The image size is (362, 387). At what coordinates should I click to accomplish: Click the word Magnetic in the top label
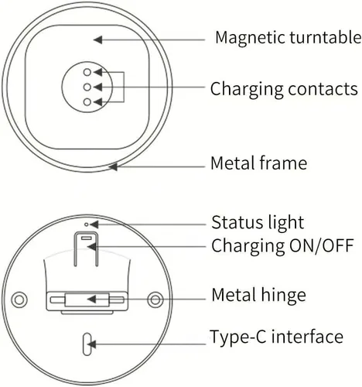[x=251, y=38]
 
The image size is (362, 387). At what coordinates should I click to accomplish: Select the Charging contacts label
[x=284, y=89]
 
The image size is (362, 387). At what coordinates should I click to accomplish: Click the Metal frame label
[x=258, y=163]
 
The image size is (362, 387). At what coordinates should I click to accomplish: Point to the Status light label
[x=258, y=222]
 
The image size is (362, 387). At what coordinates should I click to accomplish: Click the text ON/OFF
[x=321, y=245]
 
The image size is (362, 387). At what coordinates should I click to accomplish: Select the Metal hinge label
[x=258, y=295]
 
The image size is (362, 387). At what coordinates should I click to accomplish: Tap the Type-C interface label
[x=276, y=337]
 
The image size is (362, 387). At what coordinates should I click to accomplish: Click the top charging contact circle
[x=87, y=72]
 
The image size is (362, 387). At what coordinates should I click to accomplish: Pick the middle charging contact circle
[x=87, y=87]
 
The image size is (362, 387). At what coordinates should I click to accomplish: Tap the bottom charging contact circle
[x=87, y=102]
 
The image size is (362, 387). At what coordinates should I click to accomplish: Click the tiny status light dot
[x=87, y=224]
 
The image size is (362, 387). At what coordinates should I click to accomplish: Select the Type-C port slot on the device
[x=87, y=344]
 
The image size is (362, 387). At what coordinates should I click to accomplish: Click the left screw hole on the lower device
[x=19, y=300]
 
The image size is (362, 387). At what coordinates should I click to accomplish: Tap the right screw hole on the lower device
[x=155, y=300]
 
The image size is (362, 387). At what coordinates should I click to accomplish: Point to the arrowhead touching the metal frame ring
[x=113, y=167]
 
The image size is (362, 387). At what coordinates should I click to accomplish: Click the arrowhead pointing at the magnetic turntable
[x=97, y=39]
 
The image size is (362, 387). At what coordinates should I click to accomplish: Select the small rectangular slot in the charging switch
[x=87, y=238]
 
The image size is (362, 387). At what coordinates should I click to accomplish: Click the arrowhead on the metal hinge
[x=91, y=300]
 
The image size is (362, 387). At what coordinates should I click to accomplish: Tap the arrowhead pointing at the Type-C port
[x=91, y=344]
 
